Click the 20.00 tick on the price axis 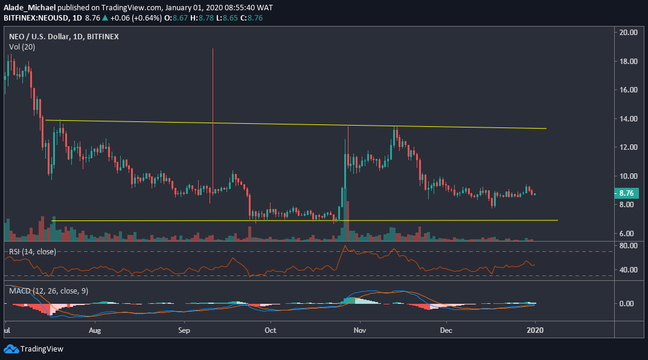(627, 33)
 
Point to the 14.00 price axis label (627, 119)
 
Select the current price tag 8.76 (626, 194)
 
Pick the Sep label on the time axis (184, 331)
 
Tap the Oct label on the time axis (271, 331)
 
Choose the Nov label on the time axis (360, 331)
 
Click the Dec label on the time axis (446, 331)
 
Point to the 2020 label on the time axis (535, 331)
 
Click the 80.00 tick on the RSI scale (627, 246)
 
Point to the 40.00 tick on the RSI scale (627, 270)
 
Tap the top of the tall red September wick (213, 49)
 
